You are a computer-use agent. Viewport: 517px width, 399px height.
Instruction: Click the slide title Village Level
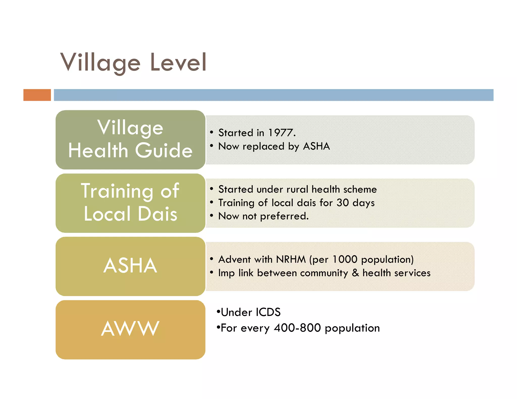(133, 62)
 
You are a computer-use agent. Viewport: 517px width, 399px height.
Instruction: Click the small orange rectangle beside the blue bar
(37, 95)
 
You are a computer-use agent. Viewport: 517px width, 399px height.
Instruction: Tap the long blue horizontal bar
(273, 95)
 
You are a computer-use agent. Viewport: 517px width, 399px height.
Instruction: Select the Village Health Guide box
(130, 139)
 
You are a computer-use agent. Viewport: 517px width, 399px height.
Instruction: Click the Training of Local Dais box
(130, 203)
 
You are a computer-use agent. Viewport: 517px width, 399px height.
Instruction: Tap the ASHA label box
(130, 266)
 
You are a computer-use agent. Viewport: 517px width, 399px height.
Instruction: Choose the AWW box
(130, 329)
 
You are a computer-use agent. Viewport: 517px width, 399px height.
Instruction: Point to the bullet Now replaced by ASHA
(274, 146)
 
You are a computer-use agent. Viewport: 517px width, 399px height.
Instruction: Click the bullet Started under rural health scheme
(297, 189)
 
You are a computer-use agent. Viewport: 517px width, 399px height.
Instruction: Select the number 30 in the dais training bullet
(343, 203)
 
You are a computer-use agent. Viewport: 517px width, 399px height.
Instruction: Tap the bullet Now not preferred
(263, 216)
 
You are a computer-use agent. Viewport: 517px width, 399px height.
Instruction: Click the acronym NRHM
(291, 260)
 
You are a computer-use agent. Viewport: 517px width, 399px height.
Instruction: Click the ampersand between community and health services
(355, 273)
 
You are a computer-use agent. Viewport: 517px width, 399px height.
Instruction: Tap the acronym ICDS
(268, 312)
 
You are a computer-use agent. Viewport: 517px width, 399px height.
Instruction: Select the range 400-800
(297, 328)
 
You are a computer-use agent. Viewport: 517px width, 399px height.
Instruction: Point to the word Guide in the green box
(164, 151)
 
